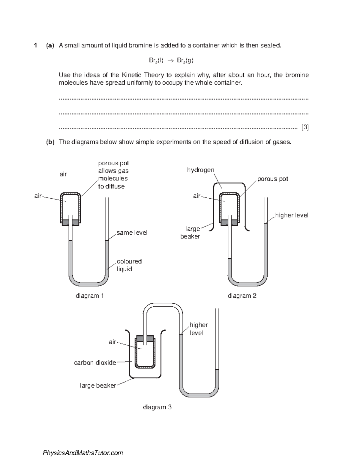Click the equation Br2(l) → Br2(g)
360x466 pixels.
point(171,61)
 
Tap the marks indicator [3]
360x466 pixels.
point(305,127)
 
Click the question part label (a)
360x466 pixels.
point(50,46)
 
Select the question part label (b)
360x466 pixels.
point(50,142)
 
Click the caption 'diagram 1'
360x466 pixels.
point(89,296)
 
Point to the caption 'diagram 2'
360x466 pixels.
point(242,296)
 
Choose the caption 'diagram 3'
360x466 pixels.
point(157,407)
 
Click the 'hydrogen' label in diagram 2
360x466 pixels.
point(201,170)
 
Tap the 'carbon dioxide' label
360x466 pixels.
point(95,362)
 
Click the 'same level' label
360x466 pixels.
point(132,233)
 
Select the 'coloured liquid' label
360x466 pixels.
point(129,265)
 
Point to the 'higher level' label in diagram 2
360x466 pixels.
point(292,215)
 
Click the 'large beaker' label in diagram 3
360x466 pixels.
point(98,386)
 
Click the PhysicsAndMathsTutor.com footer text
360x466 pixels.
point(83,453)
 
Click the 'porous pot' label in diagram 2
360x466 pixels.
point(273,179)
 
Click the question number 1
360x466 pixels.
point(36,46)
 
